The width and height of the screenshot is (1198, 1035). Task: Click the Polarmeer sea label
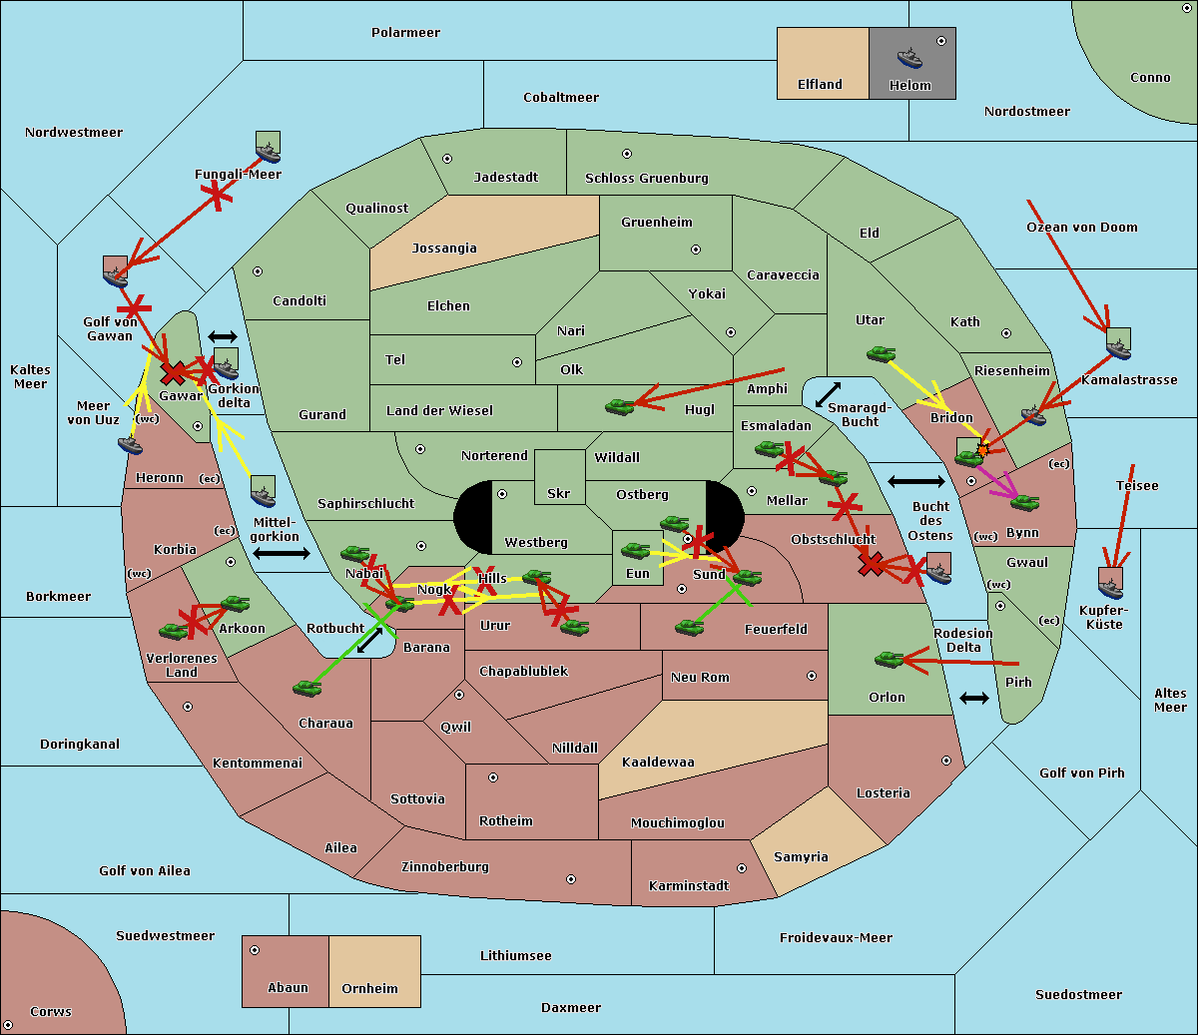tap(405, 33)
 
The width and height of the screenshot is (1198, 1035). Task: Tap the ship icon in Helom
tap(909, 57)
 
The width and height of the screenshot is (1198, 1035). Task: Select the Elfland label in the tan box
tap(820, 85)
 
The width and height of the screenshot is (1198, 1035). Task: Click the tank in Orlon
tap(889, 660)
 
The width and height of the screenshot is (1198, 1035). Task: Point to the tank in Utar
tap(881, 354)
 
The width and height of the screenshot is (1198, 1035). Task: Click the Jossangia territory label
tap(444, 249)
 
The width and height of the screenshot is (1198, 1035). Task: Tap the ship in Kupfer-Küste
tap(1109, 583)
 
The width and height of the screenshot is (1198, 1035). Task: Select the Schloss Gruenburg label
tap(646, 179)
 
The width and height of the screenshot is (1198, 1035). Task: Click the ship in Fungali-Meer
tap(268, 152)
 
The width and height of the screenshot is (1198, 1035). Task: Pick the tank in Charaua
tap(307, 688)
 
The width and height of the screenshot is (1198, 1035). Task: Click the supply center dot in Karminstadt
tap(741, 868)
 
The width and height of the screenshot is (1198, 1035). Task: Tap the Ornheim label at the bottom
tap(369, 989)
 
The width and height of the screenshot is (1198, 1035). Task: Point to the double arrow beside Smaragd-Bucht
tap(828, 394)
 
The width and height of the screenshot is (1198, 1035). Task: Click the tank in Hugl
tap(620, 406)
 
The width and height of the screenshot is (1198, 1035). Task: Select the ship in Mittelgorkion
tap(263, 492)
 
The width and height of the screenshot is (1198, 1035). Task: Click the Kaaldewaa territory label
tap(658, 763)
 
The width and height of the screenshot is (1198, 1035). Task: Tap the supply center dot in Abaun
tap(255, 950)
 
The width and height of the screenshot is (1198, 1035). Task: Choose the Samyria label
tap(801, 857)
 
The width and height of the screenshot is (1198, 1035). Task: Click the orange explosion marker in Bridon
tap(983, 450)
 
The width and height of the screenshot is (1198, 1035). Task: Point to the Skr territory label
tap(559, 494)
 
